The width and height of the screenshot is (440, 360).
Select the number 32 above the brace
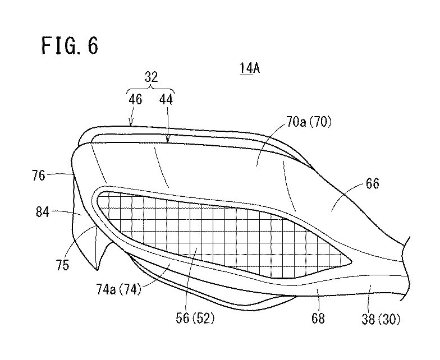pyautogui.click(x=151, y=77)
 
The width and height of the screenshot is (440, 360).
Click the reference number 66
pyautogui.click(x=372, y=183)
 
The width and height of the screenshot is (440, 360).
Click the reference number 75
pyautogui.click(x=62, y=264)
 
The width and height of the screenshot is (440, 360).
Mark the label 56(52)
pyautogui.click(x=194, y=319)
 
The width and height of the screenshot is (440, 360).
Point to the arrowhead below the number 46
pyautogui.click(x=132, y=124)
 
